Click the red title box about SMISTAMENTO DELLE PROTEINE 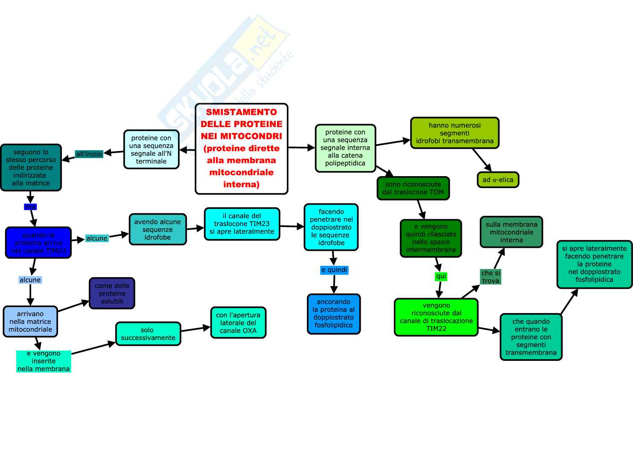click(x=242, y=148)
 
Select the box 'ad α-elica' click(x=498, y=180)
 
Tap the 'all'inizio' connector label click(x=89, y=154)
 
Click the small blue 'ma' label click(x=31, y=207)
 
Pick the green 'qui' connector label click(x=441, y=276)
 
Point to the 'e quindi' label click(x=334, y=270)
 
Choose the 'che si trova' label click(x=490, y=277)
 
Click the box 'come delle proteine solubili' click(x=112, y=293)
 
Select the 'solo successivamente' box click(x=148, y=334)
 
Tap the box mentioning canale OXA click(x=238, y=322)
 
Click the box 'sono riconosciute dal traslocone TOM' click(x=413, y=188)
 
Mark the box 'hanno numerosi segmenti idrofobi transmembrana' click(x=455, y=133)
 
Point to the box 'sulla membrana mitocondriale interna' click(x=511, y=232)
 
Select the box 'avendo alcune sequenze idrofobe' click(x=158, y=229)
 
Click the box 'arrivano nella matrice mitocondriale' click(x=30, y=322)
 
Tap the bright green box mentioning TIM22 click(x=436, y=317)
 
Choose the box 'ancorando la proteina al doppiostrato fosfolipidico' click(x=333, y=313)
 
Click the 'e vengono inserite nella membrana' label click(x=44, y=361)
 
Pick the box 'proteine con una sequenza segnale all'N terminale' click(x=151, y=149)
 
